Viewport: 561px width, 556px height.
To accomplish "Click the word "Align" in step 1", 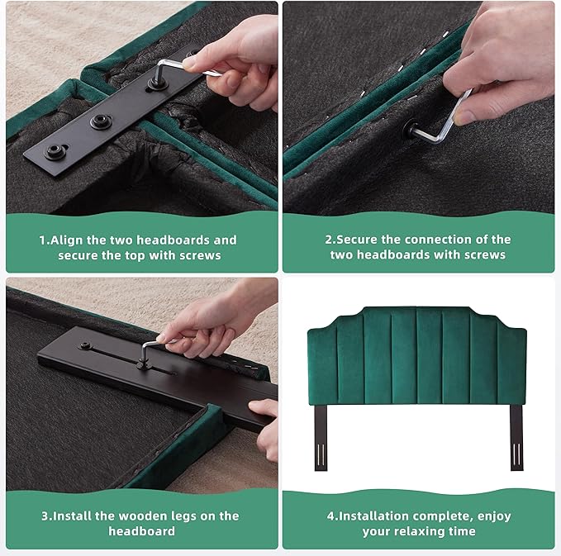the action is [67, 240].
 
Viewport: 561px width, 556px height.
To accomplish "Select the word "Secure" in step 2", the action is [356, 240].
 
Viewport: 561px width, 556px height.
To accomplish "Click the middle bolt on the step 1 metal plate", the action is [101, 121].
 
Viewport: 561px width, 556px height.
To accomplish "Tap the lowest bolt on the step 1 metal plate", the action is [55, 151].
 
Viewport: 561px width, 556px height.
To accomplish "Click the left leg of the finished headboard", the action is [321, 437].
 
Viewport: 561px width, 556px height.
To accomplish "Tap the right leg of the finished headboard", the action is [516, 437].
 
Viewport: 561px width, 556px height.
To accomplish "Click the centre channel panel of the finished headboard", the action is [429, 356].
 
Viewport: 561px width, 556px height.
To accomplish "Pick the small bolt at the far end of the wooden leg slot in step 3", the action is [85, 345].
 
